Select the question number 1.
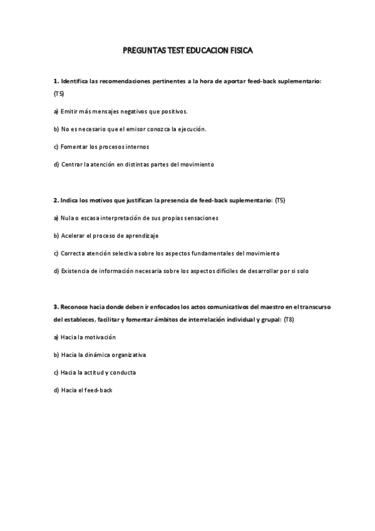click(55, 81)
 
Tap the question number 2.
click(55, 200)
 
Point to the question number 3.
click(55, 307)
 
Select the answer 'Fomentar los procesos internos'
click(101, 147)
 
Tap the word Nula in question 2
click(68, 218)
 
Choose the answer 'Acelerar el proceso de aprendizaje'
click(106, 235)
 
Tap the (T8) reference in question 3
click(289, 319)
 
